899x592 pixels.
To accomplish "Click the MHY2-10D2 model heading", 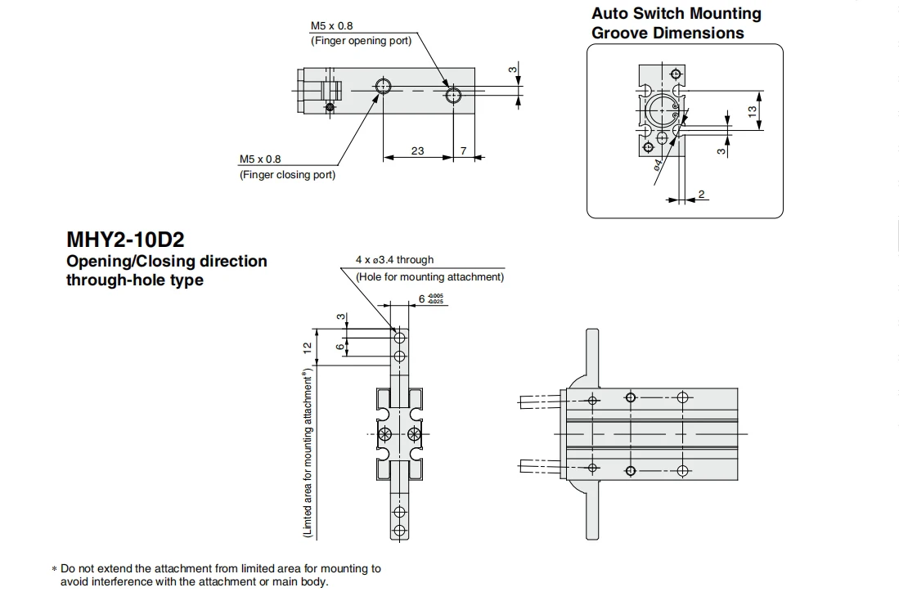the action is tap(125, 240).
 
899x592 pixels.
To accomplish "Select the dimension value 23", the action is tap(417, 150).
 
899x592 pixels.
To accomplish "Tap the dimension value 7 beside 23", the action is tap(463, 150).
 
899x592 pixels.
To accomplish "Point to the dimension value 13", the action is tap(752, 111).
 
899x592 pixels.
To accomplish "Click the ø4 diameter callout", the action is tap(658, 164).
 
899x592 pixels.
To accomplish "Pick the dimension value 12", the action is tap(308, 348).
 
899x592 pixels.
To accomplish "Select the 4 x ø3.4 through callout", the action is tap(394, 259).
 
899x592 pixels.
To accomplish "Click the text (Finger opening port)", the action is tap(362, 41).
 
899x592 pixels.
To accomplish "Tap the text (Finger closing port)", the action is tap(287, 174).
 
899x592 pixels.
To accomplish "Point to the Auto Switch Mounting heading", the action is tap(676, 13).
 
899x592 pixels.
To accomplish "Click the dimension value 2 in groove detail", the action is tap(700, 195).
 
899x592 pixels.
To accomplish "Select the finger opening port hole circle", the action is tap(453, 94).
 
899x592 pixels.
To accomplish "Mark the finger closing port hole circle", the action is tap(382, 87).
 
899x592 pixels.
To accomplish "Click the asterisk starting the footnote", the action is tap(55, 569).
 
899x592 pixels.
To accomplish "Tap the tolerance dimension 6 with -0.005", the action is tap(430, 298).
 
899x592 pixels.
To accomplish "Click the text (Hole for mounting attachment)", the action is tap(430, 277).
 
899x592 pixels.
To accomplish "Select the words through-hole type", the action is tap(135, 280).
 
